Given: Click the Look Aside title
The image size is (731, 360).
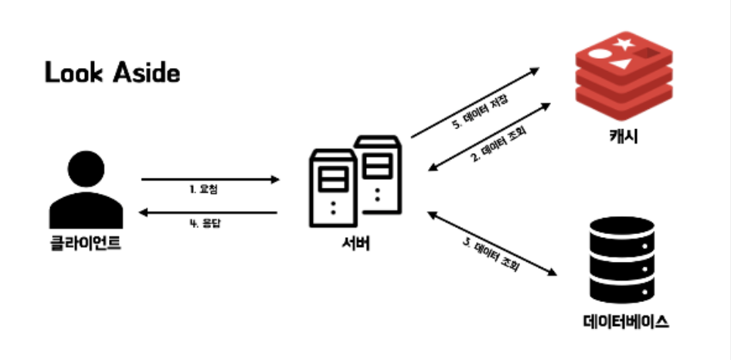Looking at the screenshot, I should click(111, 74).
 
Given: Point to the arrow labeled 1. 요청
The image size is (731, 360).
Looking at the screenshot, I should click(210, 180).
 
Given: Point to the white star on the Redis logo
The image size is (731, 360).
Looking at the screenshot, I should click(624, 47).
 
